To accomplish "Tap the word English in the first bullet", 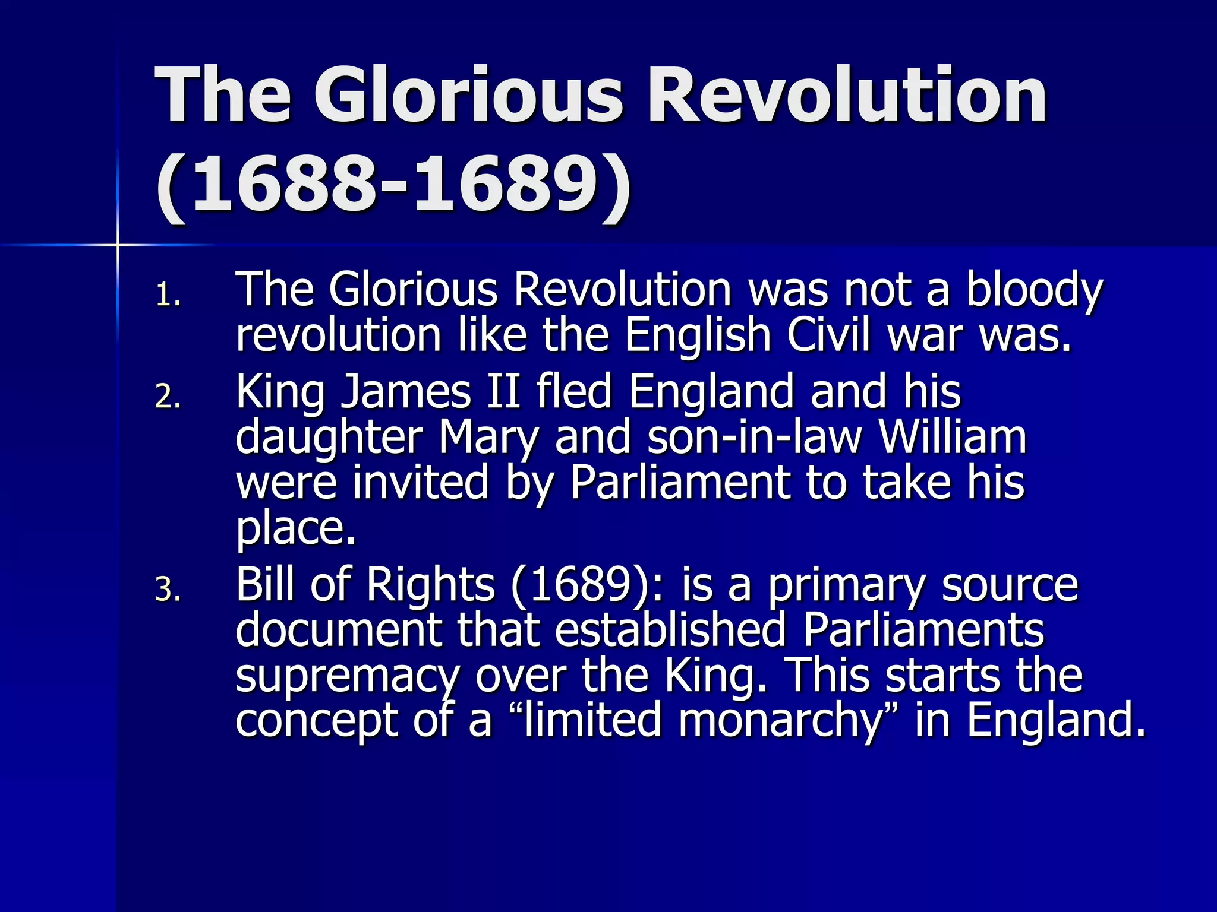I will pyautogui.click(x=698, y=335).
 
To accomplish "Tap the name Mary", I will pyautogui.click(x=488, y=438).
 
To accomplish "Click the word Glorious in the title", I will pyautogui.click(x=469, y=95).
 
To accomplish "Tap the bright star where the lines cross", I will pyautogui.click(x=117, y=245).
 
